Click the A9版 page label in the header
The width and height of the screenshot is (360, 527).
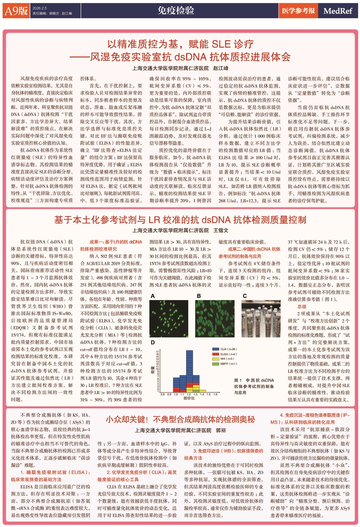coord(16,11)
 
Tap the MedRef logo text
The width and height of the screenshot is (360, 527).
coord(337,11)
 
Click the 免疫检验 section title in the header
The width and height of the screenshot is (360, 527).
coord(176,11)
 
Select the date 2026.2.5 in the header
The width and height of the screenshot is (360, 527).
coord(39,8)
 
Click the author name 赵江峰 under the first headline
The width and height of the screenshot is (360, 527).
coord(221,68)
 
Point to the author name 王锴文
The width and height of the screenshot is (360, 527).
coord(221,230)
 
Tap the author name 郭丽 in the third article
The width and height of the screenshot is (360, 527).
coord(221,430)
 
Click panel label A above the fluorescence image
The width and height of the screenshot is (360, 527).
coord(153,296)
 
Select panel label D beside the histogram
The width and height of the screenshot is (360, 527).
coord(153,342)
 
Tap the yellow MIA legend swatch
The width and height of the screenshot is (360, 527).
coord(216,359)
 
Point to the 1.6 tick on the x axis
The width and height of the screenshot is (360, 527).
coord(215,394)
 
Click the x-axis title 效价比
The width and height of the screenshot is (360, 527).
coord(189,398)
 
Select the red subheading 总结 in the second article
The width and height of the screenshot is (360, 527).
coord(302,306)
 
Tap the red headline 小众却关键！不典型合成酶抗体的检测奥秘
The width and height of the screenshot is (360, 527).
coord(180,419)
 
